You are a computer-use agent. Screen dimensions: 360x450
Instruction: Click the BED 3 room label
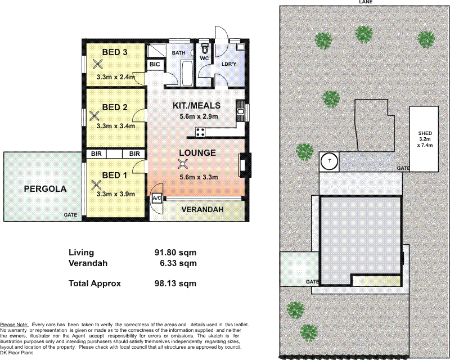click(x=115, y=52)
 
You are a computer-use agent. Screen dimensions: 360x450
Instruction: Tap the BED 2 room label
click(x=115, y=107)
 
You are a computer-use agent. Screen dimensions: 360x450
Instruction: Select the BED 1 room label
click(x=115, y=175)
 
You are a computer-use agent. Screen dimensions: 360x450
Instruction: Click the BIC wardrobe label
click(x=155, y=65)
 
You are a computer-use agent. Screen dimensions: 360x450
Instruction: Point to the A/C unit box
click(x=157, y=198)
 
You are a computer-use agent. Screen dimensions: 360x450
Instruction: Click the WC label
click(x=204, y=57)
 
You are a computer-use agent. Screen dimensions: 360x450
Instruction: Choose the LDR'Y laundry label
click(x=229, y=65)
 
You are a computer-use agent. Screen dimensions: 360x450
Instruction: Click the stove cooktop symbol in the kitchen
click(x=200, y=132)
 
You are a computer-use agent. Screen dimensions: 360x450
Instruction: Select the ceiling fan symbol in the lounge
click(x=182, y=164)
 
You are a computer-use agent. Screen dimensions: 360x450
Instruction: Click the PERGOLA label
click(x=45, y=189)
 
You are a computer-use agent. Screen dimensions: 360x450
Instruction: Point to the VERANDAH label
click(x=202, y=210)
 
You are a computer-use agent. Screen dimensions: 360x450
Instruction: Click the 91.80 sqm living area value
click(x=175, y=253)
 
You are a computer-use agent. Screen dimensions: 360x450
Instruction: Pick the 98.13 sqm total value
click(x=175, y=283)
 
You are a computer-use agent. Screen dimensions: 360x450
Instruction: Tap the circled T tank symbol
click(x=329, y=162)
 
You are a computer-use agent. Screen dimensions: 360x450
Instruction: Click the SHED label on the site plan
click(x=424, y=133)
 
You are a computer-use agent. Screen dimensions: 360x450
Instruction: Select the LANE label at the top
click(x=367, y=2)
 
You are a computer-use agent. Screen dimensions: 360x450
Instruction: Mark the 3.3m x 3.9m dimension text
click(x=115, y=194)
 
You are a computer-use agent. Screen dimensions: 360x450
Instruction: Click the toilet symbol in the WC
click(x=205, y=47)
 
